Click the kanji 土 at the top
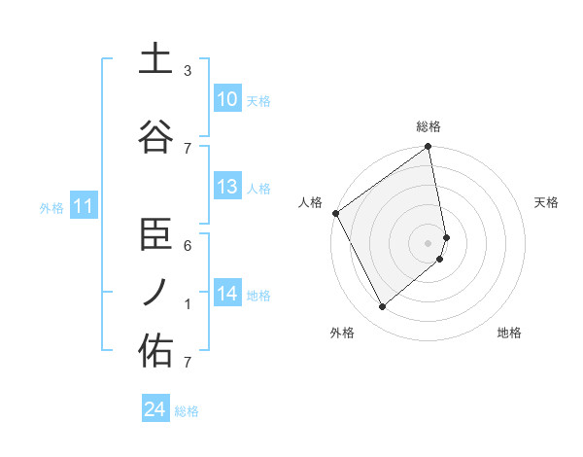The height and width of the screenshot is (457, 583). click(x=155, y=59)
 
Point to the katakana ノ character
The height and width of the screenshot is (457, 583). click(x=155, y=292)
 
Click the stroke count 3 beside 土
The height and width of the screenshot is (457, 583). click(x=188, y=71)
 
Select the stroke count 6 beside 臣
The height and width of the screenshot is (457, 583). click(x=188, y=246)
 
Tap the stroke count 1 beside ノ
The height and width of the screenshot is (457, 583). click(x=188, y=304)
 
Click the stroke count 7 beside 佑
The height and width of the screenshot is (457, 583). click(x=188, y=363)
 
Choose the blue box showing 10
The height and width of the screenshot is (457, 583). click(x=226, y=99)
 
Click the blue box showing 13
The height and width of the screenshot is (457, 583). click(x=226, y=187)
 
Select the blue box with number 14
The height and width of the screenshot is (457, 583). click(x=226, y=294)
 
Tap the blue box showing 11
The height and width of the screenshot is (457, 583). click(x=84, y=206)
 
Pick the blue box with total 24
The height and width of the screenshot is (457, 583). click(x=155, y=410)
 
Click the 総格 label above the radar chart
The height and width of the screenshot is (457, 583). click(x=429, y=126)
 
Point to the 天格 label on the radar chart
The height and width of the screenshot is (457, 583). click(x=547, y=202)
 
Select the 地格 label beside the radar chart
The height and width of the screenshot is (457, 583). click(x=509, y=333)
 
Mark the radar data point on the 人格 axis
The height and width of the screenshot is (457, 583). click(x=335, y=213)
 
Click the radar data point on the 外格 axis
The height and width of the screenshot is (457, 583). click(x=382, y=307)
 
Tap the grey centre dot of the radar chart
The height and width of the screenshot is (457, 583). click(x=429, y=243)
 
